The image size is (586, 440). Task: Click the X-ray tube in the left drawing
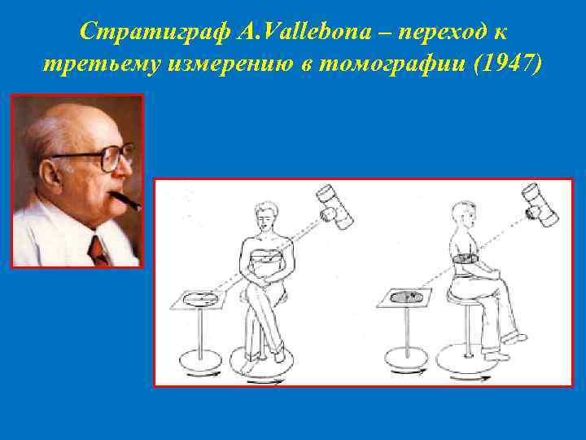[x=335, y=206]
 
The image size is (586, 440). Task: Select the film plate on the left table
[x=199, y=300]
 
